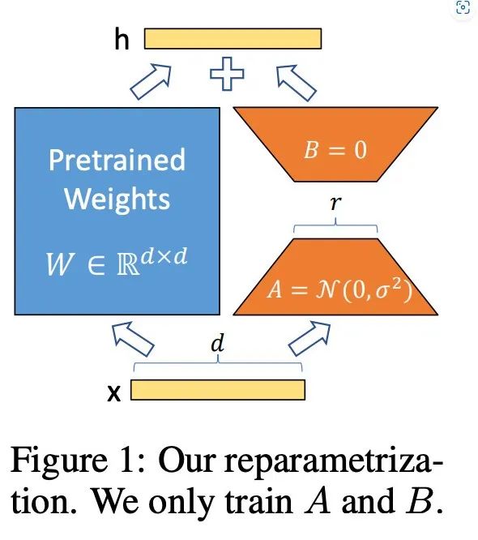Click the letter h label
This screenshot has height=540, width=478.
122,39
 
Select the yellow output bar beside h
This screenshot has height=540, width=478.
233,39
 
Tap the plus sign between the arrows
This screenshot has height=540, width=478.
227,74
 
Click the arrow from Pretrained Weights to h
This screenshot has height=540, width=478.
151,82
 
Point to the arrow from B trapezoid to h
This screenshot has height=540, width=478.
297,83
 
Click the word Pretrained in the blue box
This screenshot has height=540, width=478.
117,160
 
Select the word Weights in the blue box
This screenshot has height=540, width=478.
117,199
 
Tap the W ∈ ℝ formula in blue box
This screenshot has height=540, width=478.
117,262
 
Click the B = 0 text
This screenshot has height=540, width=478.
335,150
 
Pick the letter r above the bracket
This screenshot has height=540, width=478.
335,204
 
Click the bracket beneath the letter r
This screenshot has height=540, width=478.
335,227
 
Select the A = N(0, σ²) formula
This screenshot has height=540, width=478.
339,289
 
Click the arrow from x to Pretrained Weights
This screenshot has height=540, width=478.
133,339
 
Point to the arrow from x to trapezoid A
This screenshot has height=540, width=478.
309,338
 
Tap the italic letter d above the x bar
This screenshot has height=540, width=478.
218,343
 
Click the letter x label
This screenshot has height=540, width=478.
114,392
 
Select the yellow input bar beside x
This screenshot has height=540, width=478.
218,390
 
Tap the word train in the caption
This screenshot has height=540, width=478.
258,501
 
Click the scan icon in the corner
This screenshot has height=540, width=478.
463,7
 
